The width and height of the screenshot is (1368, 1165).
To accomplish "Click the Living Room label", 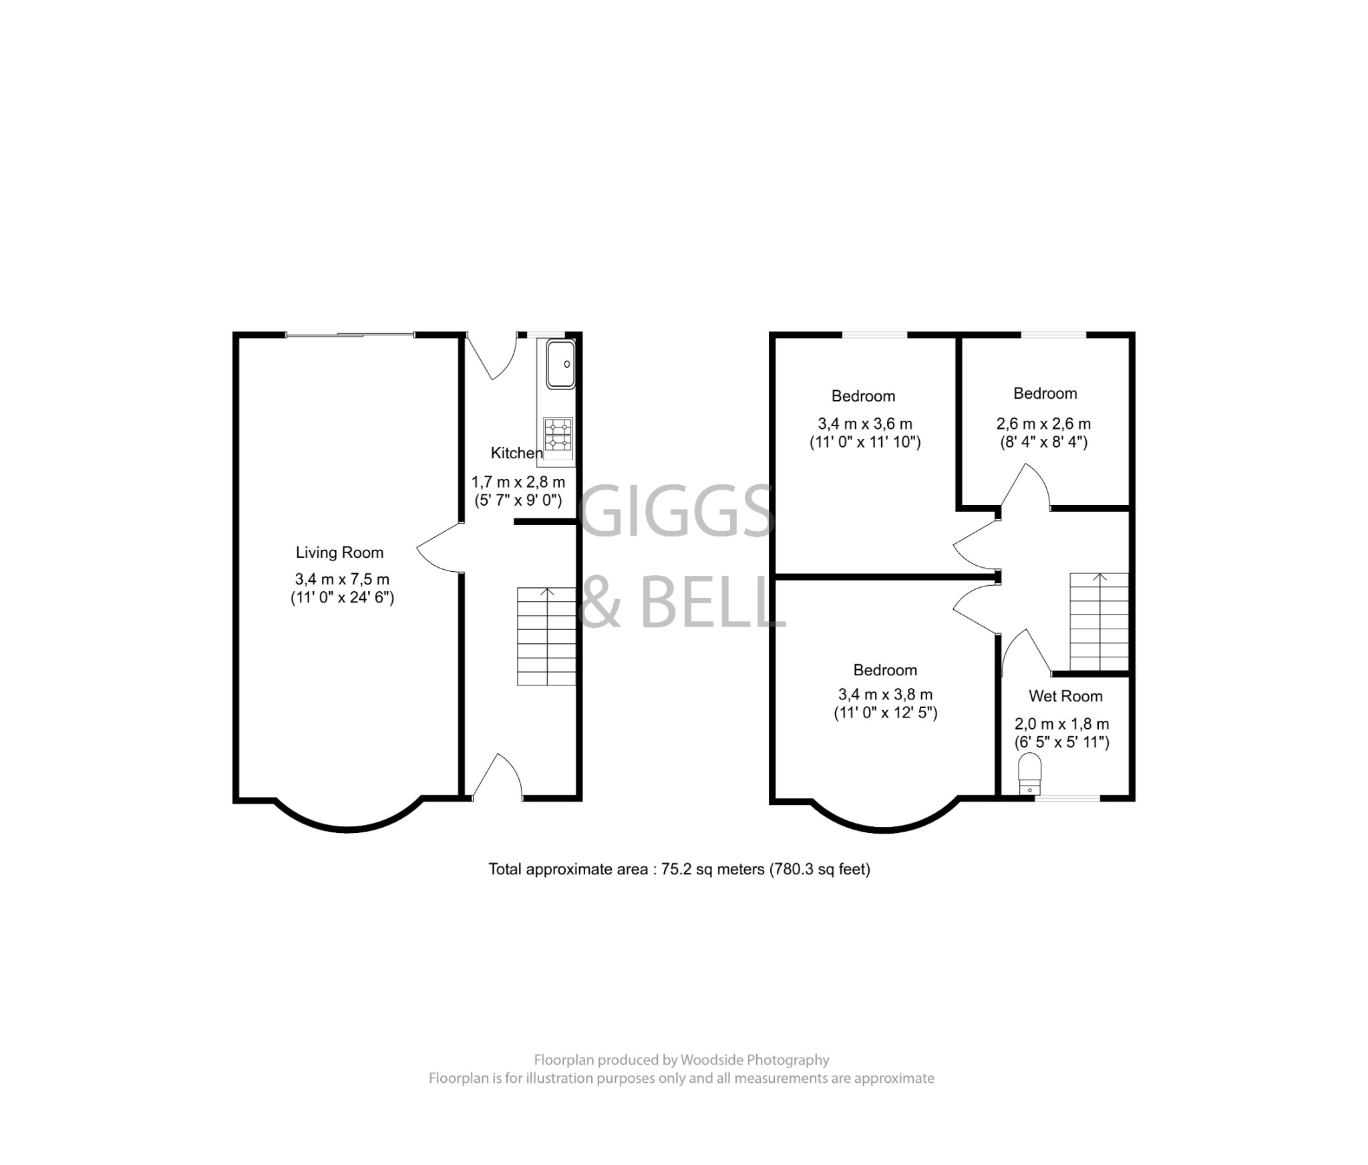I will (x=339, y=552).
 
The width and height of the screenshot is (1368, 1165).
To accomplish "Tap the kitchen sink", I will (x=560, y=364).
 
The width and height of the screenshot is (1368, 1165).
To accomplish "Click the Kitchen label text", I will (x=516, y=453).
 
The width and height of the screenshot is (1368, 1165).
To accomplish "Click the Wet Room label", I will (x=1065, y=696).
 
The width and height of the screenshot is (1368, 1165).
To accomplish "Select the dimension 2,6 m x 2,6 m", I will (x=1043, y=424).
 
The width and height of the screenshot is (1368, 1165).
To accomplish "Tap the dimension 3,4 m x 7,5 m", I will (x=342, y=579).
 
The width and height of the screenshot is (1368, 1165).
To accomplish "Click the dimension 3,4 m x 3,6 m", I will (x=865, y=424).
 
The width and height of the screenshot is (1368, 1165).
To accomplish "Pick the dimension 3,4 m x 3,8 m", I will (x=885, y=695).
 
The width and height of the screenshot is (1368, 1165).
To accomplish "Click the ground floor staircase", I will (x=546, y=636).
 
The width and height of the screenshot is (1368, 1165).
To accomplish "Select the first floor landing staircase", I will (x=1099, y=621).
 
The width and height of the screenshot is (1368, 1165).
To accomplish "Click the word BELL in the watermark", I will (x=712, y=603).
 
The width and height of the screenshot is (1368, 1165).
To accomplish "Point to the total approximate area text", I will (x=679, y=869).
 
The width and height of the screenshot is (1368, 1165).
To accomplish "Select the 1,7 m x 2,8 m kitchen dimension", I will (x=518, y=482).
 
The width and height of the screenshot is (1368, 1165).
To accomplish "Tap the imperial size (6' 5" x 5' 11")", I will (x=1061, y=742).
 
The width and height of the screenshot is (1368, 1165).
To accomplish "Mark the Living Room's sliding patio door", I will (x=350, y=335).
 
